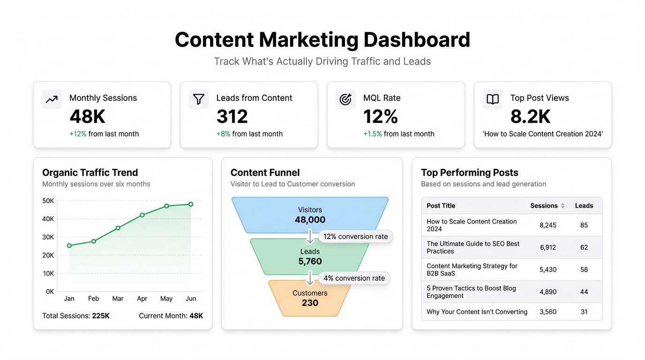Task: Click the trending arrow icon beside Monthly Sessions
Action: point(52,99)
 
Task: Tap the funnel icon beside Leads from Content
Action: point(199,99)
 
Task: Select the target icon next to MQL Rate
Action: point(345,99)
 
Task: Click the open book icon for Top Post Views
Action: point(493,99)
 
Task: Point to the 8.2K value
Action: point(530,117)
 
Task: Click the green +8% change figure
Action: point(223,134)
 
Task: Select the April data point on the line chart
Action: point(142,215)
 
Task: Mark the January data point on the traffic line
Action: point(69,246)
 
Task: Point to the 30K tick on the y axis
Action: point(48,237)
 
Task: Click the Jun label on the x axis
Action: point(191,299)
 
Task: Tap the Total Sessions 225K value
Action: point(100,316)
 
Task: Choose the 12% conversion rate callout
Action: point(356,237)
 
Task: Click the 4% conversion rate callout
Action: point(354,278)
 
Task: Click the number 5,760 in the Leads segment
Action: point(310,262)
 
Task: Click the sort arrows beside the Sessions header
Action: point(562,206)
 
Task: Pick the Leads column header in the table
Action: point(584,206)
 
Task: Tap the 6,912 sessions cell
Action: point(547,247)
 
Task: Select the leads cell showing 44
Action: point(584,292)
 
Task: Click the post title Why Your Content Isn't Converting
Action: point(477,312)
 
